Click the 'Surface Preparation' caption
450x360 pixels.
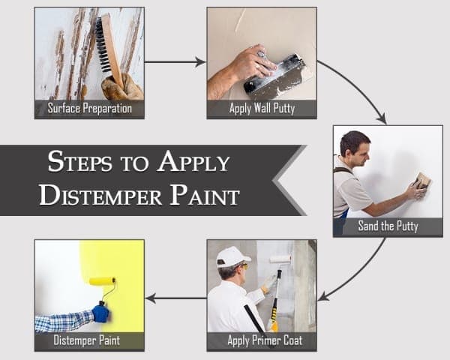pyautogui.click(x=89, y=109)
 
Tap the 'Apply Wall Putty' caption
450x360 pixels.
pyautogui.click(x=262, y=109)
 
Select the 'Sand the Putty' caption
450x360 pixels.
pyautogui.click(x=388, y=226)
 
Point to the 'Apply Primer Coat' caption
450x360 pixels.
pyautogui.click(x=262, y=341)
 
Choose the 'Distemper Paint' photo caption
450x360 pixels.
pyautogui.click(x=89, y=341)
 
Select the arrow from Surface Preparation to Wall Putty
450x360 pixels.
pyautogui.click(x=175, y=62)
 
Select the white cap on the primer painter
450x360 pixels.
pyautogui.click(x=231, y=256)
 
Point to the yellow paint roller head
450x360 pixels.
pyautogui.click(x=102, y=281)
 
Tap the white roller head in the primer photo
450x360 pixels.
pyautogui.click(x=280, y=259)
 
